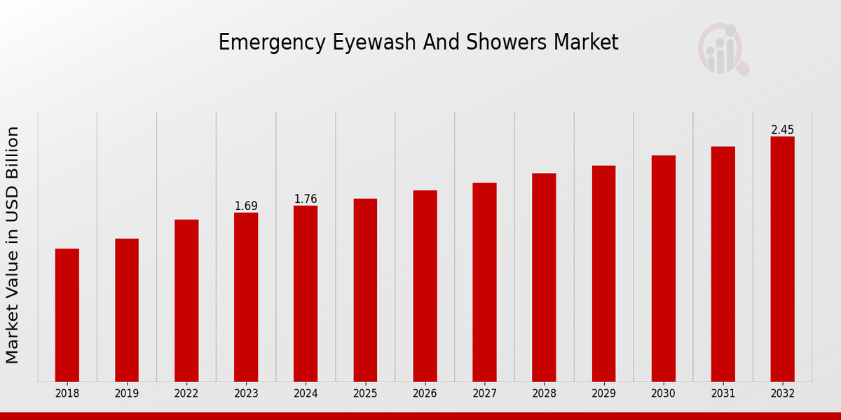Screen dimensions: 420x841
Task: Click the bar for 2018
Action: [67, 315]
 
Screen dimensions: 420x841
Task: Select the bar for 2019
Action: [127, 310]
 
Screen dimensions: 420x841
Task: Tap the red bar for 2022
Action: [186, 300]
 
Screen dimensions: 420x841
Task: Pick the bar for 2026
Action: [425, 286]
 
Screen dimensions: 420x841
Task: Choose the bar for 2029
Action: [603, 274]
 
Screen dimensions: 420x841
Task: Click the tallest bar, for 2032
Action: [782, 259]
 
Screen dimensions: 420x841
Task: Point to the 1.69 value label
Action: [246, 206]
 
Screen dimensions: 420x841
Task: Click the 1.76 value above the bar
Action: [306, 199]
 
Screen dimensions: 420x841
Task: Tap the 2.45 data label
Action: [782, 129]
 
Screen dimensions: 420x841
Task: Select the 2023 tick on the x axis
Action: [246, 393]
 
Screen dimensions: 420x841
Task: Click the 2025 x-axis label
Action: [365, 393]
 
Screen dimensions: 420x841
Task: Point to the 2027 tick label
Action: [484, 393]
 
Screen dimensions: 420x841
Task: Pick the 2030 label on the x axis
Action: [663, 393]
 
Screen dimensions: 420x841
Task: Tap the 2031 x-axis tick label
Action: [723, 393]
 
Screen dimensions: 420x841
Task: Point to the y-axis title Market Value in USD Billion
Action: [13, 245]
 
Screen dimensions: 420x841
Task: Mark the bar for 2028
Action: [544, 277]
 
